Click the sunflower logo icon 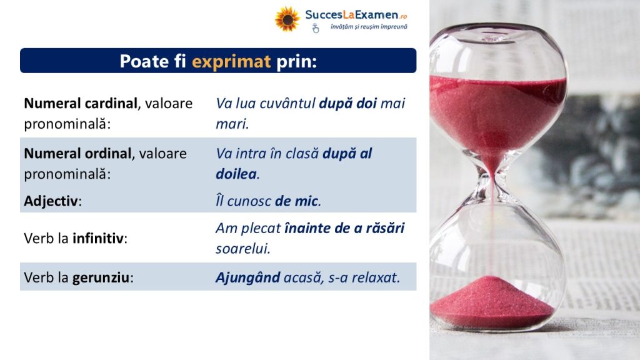tap(287, 19)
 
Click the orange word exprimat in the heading tap(231, 61)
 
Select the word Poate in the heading tap(144, 61)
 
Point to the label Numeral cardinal tap(81, 103)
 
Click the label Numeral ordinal tap(77, 154)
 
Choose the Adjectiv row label tap(51, 201)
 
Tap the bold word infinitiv tap(98, 238)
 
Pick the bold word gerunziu tap(101, 277)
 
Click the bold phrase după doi tap(347, 103)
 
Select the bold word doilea tap(236, 174)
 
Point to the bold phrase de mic tap(296, 201)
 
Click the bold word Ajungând tap(247, 277)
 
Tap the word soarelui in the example tap(242, 248)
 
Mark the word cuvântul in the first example tap(287, 103)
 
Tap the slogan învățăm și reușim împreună tap(369, 26)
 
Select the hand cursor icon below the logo tap(316, 28)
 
